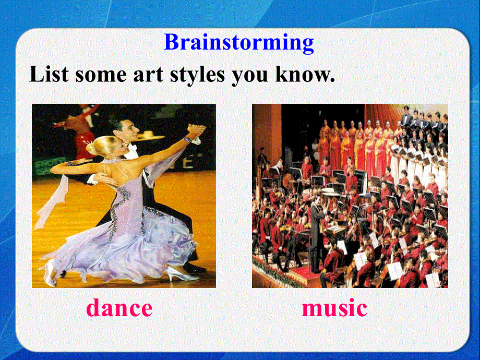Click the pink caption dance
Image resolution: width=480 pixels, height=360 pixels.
click(x=119, y=308)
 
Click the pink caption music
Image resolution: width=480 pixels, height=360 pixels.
click(x=334, y=308)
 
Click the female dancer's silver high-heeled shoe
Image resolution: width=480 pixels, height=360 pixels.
click(x=182, y=274)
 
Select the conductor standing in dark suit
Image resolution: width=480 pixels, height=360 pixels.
click(x=316, y=230)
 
